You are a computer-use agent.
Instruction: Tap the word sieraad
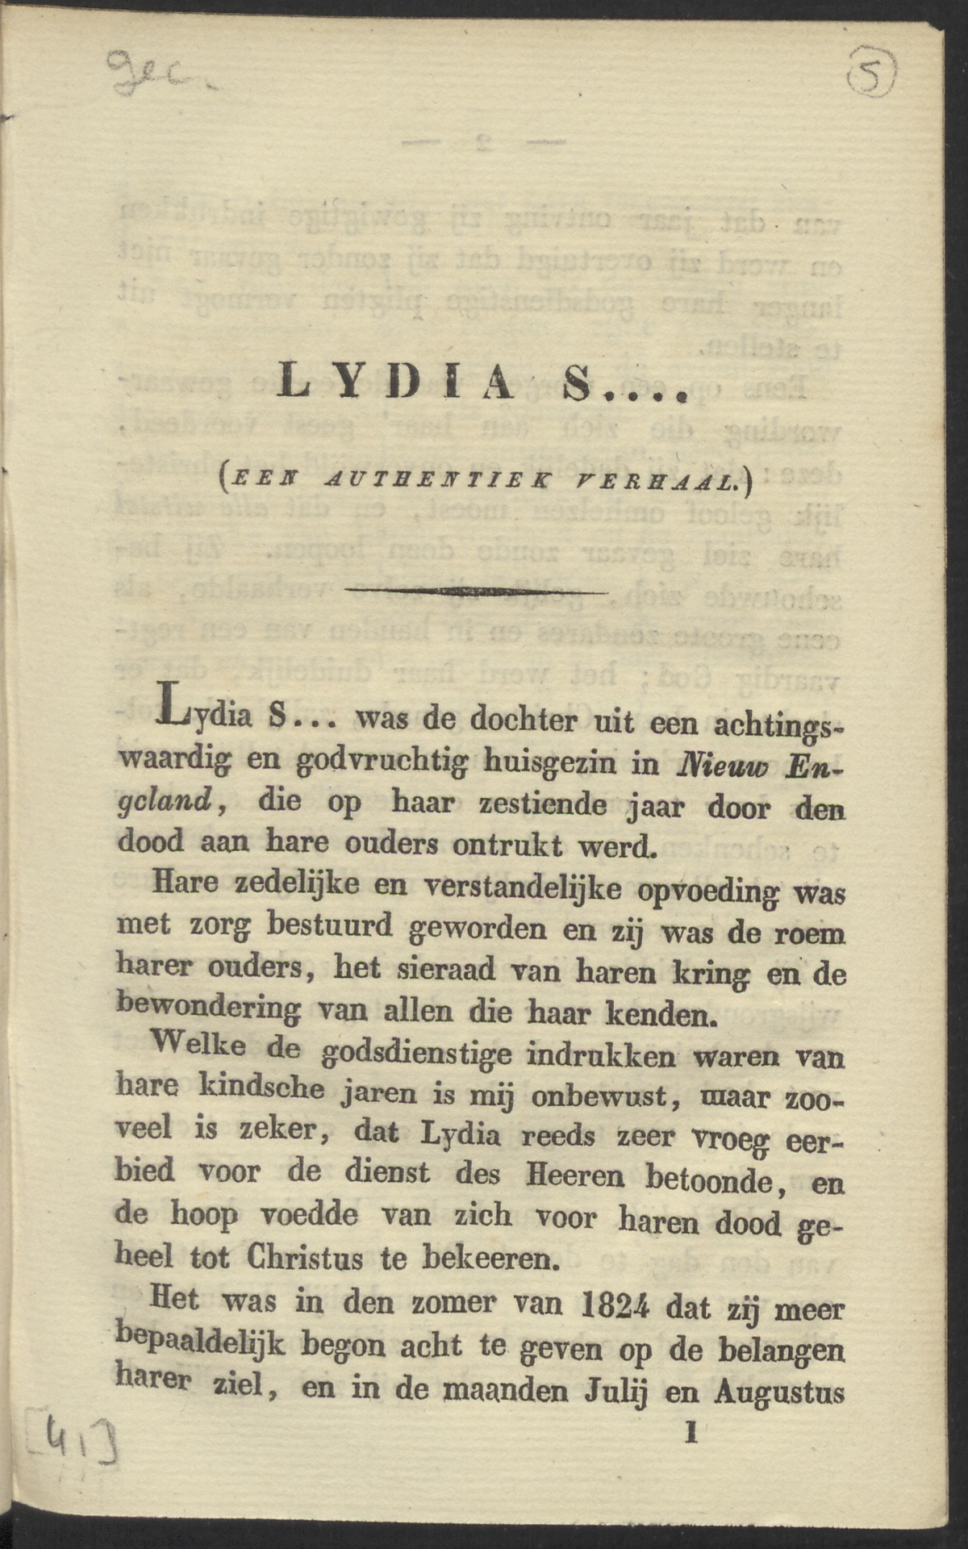point(449,969)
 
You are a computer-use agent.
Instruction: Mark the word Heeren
point(574,1175)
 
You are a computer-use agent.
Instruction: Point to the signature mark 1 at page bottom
point(690,1434)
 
